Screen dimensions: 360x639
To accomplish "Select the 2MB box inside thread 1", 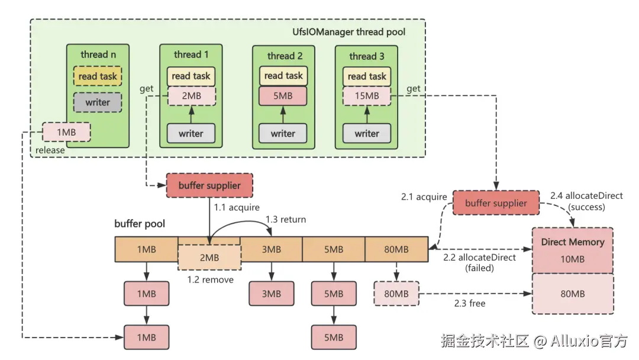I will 191,95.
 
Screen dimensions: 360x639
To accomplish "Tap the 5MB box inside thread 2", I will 283,95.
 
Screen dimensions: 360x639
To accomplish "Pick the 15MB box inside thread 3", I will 367,95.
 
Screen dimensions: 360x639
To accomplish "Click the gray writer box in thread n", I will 98,102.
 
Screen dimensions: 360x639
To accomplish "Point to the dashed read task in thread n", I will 98,76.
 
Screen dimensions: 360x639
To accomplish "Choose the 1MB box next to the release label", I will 66,132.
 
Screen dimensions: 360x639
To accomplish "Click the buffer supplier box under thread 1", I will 209,185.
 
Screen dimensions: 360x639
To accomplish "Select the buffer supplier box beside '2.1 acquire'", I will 496,203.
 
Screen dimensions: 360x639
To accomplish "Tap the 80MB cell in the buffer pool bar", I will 396,249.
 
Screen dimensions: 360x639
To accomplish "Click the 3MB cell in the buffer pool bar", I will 271,249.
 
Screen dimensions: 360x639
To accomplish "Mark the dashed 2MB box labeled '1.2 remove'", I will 209,258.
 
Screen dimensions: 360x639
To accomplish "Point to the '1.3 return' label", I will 286,220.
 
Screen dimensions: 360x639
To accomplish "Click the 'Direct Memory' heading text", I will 573,242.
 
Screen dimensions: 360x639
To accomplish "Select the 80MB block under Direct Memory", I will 573,294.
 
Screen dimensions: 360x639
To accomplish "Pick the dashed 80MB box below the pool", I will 396,294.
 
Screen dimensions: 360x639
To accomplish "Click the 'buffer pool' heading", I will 140,224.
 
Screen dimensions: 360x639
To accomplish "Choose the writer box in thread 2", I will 283,133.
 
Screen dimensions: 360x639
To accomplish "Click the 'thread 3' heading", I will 367,56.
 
